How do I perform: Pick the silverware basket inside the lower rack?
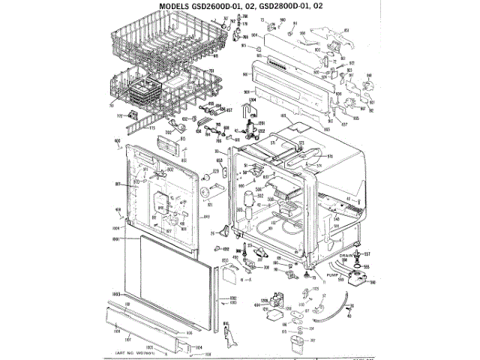point(143,93)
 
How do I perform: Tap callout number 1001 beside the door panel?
point(117,238)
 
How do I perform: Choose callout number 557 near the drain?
point(367,255)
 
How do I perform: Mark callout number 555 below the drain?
point(367,265)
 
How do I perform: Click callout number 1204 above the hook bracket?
point(252,99)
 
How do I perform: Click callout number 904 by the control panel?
point(254,35)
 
